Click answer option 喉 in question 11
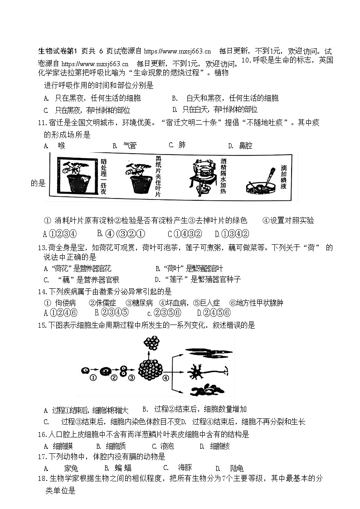click(62, 145)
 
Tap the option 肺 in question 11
click(182, 145)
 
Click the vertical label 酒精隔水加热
click(223, 176)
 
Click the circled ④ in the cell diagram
click(166, 377)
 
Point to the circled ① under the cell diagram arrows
click(92, 378)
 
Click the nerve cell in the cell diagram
click(199, 373)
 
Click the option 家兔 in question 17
click(71, 468)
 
